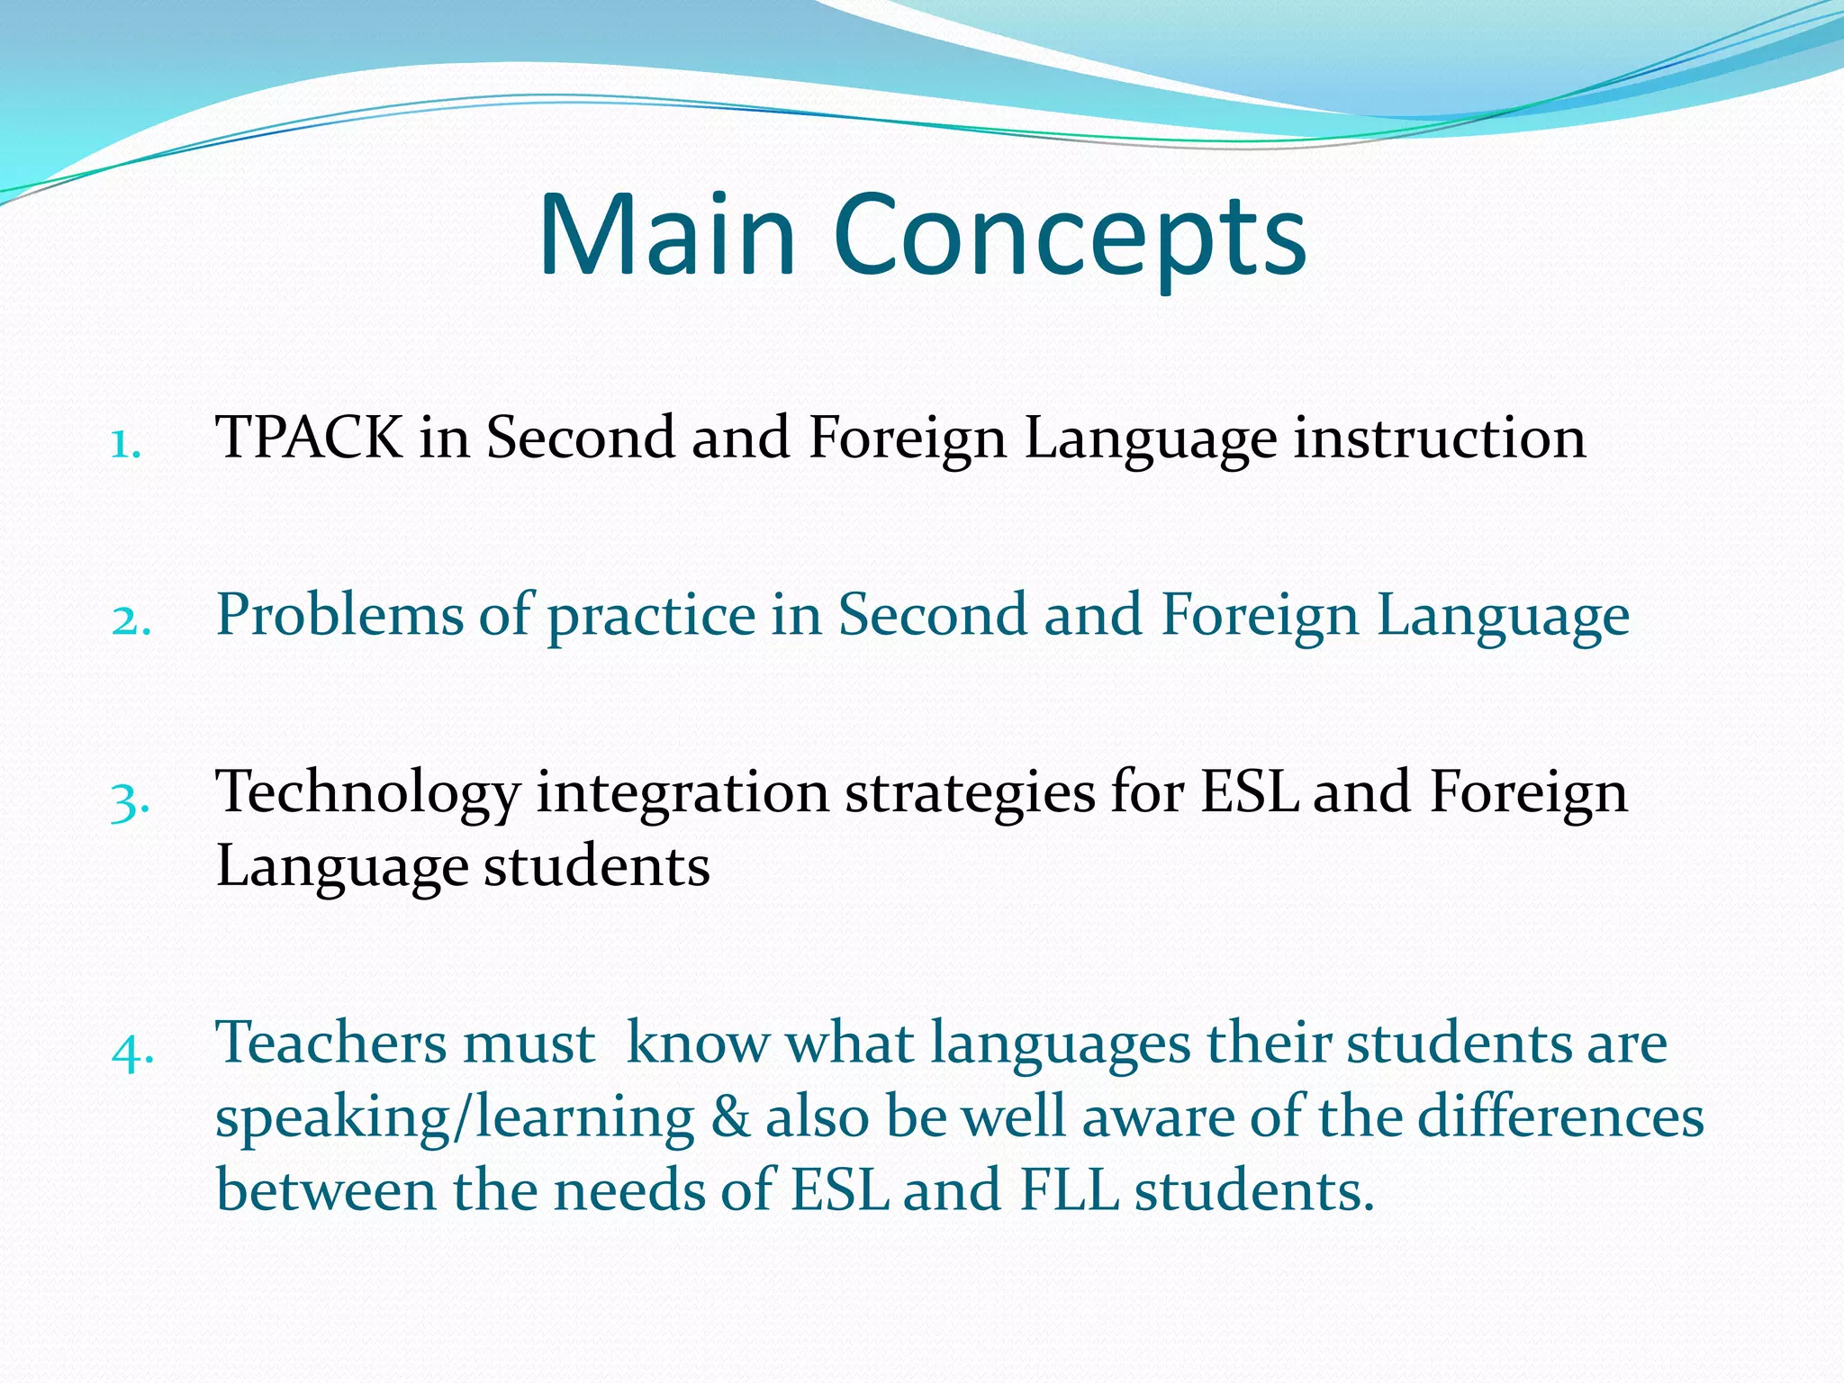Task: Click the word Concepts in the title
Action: tap(1071, 236)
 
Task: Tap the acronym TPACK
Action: tap(310, 438)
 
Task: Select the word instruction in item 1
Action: tap(1440, 438)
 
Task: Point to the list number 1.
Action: tap(125, 444)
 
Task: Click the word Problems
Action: tap(340, 615)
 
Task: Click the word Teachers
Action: tap(330, 1044)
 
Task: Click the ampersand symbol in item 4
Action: tap(730, 1117)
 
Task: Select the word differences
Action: tap(1560, 1117)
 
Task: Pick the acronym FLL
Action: tap(1069, 1190)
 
